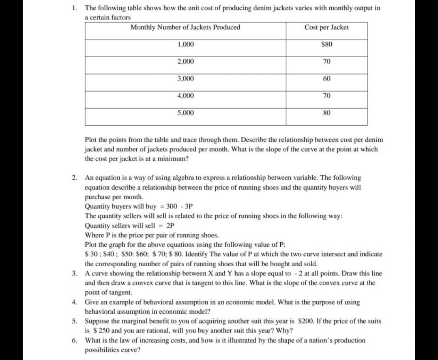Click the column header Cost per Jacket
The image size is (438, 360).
[x=326, y=27]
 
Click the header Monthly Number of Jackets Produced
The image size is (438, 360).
[x=185, y=27]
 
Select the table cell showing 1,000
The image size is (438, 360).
[x=186, y=44]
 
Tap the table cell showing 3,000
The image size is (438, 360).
[x=186, y=78]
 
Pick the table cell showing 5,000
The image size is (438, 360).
[x=186, y=112]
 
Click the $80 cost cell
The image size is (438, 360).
[x=326, y=44]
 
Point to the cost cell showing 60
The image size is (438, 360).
[x=326, y=78]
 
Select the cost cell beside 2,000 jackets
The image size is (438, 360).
[x=326, y=62]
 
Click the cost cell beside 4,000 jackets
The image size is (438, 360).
[x=326, y=96]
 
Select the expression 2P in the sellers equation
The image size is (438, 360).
[x=171, y=225]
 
